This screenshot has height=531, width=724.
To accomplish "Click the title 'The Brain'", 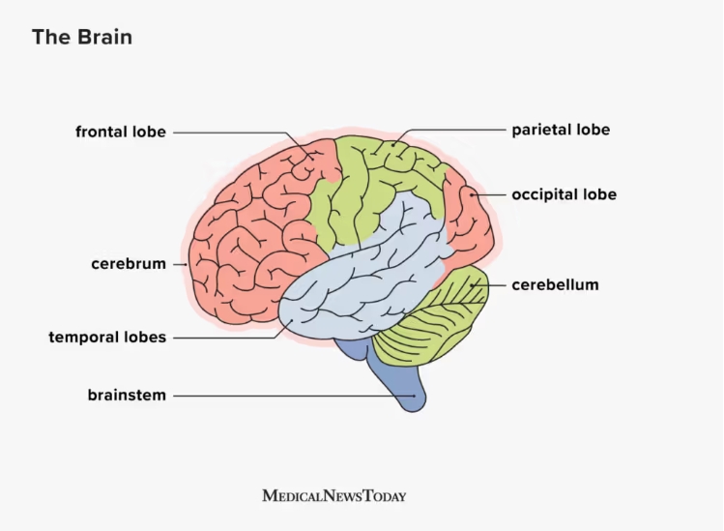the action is pos(82,37).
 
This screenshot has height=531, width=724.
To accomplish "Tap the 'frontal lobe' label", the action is pos(121,132).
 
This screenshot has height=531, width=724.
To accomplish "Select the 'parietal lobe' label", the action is pos(561,130).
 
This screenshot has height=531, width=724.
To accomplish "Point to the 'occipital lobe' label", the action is pos(564,194).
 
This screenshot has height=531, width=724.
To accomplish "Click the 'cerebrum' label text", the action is pos(129,264).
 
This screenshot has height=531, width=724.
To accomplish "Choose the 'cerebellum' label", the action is pos(555,284).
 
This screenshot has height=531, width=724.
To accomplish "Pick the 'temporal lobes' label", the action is pos(107,337).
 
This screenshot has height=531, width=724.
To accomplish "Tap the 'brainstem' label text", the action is pos(127,396).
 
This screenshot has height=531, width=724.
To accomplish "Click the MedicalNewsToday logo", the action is pos(333,496).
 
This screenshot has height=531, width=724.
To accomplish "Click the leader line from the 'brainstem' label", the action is pos(294,396).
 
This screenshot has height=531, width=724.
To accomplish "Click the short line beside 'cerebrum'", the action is pos(180,264).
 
